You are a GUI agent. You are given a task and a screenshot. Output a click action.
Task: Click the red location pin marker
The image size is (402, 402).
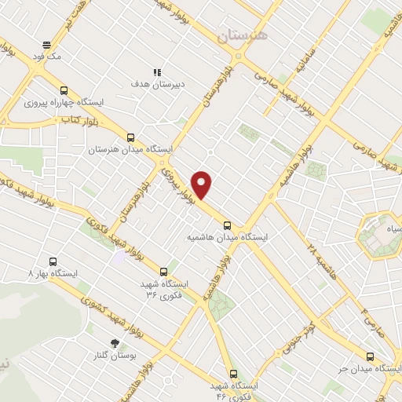pos(203,184)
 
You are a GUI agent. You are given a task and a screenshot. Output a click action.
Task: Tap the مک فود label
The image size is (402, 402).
pos(53,57)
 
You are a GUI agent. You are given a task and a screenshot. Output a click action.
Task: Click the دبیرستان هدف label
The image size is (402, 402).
pos(157,82)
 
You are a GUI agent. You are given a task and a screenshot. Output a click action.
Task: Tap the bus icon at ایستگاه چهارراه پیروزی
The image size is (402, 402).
pos(64,90)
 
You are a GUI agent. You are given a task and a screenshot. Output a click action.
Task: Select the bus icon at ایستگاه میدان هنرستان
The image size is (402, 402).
pos(130,136)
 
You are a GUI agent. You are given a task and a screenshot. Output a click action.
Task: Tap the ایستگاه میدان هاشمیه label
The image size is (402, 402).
pos(228,236)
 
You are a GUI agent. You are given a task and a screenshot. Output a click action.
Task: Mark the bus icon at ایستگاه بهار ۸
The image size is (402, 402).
pos(53,261)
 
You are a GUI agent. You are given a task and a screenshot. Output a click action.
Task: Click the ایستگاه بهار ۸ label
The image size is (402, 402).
pos(53,274)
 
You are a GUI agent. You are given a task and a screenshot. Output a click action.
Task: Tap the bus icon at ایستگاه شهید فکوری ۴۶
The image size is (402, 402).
pos(232,373)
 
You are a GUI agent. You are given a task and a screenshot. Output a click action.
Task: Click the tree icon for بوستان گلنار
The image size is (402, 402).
pos(115,342)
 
